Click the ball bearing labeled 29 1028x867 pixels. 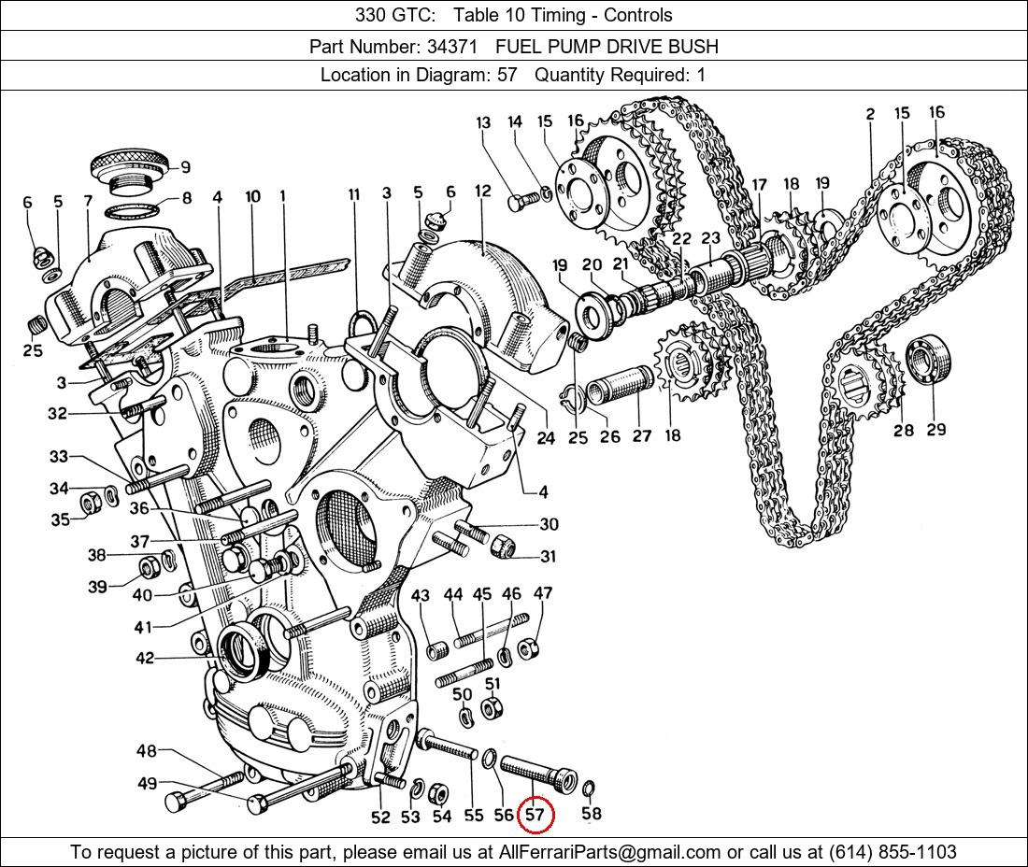(x=928, y=360)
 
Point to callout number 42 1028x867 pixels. (x=144, y=659)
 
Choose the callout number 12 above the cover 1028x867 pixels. (x=482, y=192)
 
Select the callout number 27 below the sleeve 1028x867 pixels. (x=642, y=435)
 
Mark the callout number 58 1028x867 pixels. (x=591, y=814)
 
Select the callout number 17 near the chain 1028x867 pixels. (x=759, y=185)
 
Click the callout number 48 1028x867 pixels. (x=147, y=751)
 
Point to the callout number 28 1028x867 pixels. (x=903, y=431)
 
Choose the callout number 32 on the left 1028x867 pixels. (x=57, y=414)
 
